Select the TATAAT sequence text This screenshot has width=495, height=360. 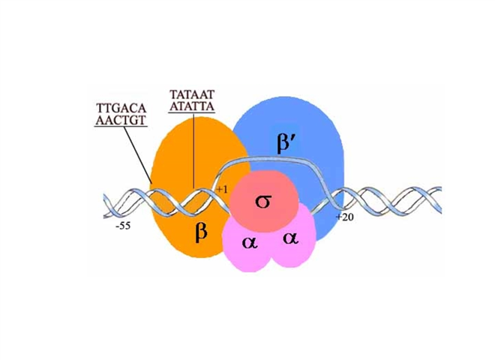tap(193, 95)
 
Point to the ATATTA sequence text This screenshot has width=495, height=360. tap(193, 106)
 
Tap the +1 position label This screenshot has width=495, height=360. tap(221, 189)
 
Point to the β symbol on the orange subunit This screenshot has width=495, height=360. tap(200, 232)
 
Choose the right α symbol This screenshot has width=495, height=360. tap(289, 238)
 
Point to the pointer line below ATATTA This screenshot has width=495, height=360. tap(193, 150)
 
